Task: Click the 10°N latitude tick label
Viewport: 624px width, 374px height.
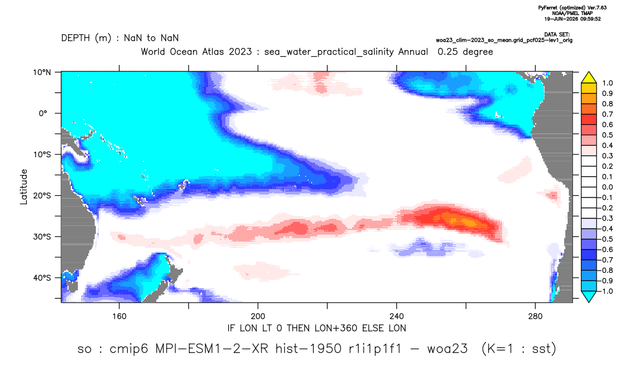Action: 42,73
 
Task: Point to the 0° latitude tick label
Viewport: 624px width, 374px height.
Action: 44,113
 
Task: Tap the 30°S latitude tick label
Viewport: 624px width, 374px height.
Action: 42,237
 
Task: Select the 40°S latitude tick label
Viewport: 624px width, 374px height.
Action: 42,278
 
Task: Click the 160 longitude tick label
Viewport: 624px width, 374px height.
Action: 119,317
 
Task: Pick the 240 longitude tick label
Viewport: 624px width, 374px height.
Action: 397,317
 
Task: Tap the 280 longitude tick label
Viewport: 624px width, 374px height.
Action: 535,317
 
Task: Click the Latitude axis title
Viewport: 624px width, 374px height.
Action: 24,187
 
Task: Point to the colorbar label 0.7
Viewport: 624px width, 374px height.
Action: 607,114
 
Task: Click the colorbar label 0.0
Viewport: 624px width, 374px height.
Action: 607,187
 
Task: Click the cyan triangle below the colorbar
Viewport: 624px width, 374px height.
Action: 589,296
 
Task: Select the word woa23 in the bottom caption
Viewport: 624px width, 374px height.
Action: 447,349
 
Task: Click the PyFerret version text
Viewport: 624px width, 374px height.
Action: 572,8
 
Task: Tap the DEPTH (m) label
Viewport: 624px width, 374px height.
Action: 87,38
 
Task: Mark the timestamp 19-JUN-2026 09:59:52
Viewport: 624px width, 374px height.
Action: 572,19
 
